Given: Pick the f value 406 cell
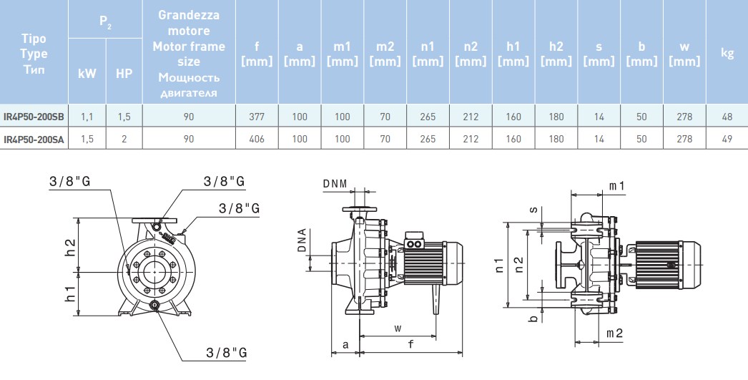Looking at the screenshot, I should (x=257, y=139).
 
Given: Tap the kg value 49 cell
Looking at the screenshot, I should (x=727, y=139).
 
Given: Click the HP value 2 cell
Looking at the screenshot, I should (x=124, y=139).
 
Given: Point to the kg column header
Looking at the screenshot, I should (x=727, y=54).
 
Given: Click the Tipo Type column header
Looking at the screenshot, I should (x=34, y=54).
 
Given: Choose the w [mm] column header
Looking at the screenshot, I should (x=684, y=54).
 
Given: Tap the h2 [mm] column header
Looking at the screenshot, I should (x=556, y=54).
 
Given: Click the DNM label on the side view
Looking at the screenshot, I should (x=335, y=184).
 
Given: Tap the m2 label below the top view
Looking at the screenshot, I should (x=614, y=333).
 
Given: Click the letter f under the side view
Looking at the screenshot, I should (x=410, y=344).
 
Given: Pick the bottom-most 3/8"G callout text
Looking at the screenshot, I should (x=226, y=353).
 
